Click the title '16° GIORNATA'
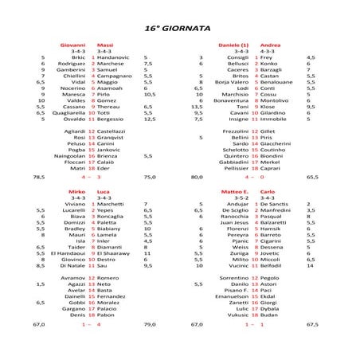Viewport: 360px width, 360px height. (178, 27)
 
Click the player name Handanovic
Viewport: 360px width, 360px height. (112, 57)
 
